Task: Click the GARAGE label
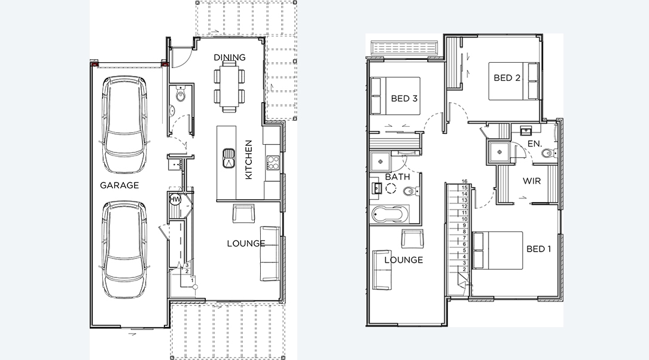pos(119,185)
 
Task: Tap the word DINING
pos(230,57)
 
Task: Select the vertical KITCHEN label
pos(249,160)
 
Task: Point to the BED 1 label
pos(538,249)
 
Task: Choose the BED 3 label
pos(404,98)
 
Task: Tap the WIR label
pos(532,181)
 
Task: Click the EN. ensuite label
pos(535,144)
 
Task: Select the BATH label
pos(397,178)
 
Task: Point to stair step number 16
pos(464,181)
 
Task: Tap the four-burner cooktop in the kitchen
pos(272,162)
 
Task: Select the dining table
pos(229,88)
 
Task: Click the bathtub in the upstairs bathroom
pos(389,214)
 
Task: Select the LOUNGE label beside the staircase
pos(403,260)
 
